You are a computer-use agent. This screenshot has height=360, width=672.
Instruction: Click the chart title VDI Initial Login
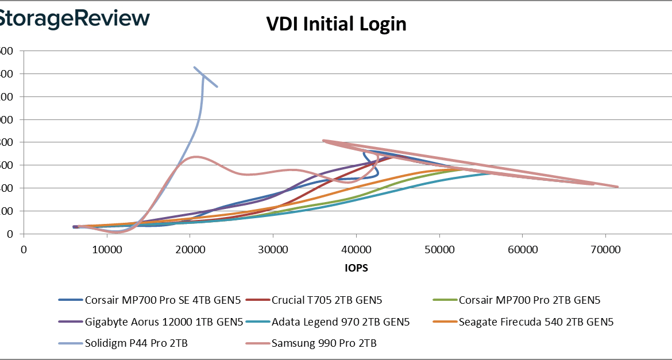coord(336,24)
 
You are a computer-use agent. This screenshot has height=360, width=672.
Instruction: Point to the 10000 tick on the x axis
coord(106,250)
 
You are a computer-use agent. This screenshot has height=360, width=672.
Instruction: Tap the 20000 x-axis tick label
coord(190,250)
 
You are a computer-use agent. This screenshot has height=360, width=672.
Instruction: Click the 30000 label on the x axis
coord(273,250)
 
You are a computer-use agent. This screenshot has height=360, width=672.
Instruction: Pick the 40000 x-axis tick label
coord(356,250)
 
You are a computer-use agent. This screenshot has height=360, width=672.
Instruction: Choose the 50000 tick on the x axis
coord(439,250)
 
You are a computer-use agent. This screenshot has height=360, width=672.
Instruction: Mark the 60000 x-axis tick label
coord(523,250)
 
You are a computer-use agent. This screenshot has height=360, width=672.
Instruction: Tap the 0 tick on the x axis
coord(24,250)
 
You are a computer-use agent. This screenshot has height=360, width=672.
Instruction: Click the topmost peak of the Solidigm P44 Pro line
coord(194,67)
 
